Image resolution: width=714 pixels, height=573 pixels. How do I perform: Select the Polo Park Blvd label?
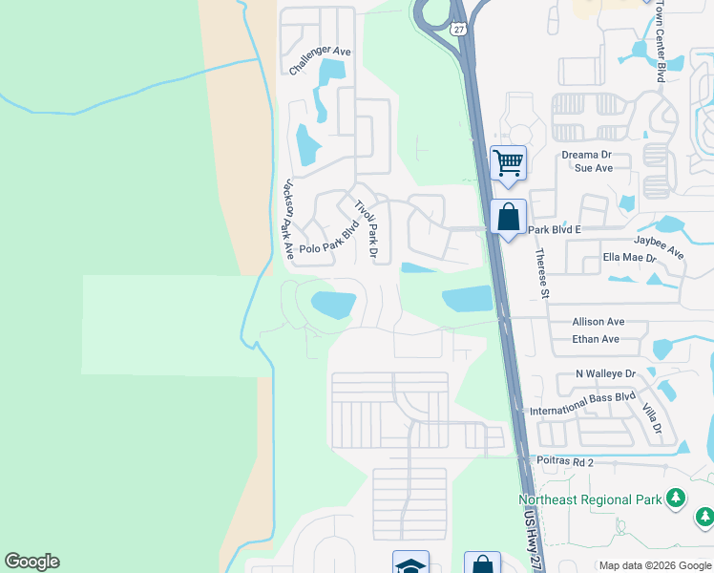tap(328, 240)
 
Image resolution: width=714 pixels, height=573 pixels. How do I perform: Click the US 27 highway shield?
tap(459, 30)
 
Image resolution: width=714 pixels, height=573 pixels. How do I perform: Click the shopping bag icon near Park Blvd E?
tap(508, 216)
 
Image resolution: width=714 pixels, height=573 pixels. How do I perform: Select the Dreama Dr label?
tap(586, 154)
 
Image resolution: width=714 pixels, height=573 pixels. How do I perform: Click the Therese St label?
tap(542, 273)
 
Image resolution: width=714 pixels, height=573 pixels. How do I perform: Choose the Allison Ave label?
tap(598, 323)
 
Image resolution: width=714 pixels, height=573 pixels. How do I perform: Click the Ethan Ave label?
tap(596, 339)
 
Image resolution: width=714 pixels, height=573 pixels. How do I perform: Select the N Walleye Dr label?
tap(605, 373)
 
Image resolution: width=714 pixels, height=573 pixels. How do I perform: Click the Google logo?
tap(31, 562)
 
